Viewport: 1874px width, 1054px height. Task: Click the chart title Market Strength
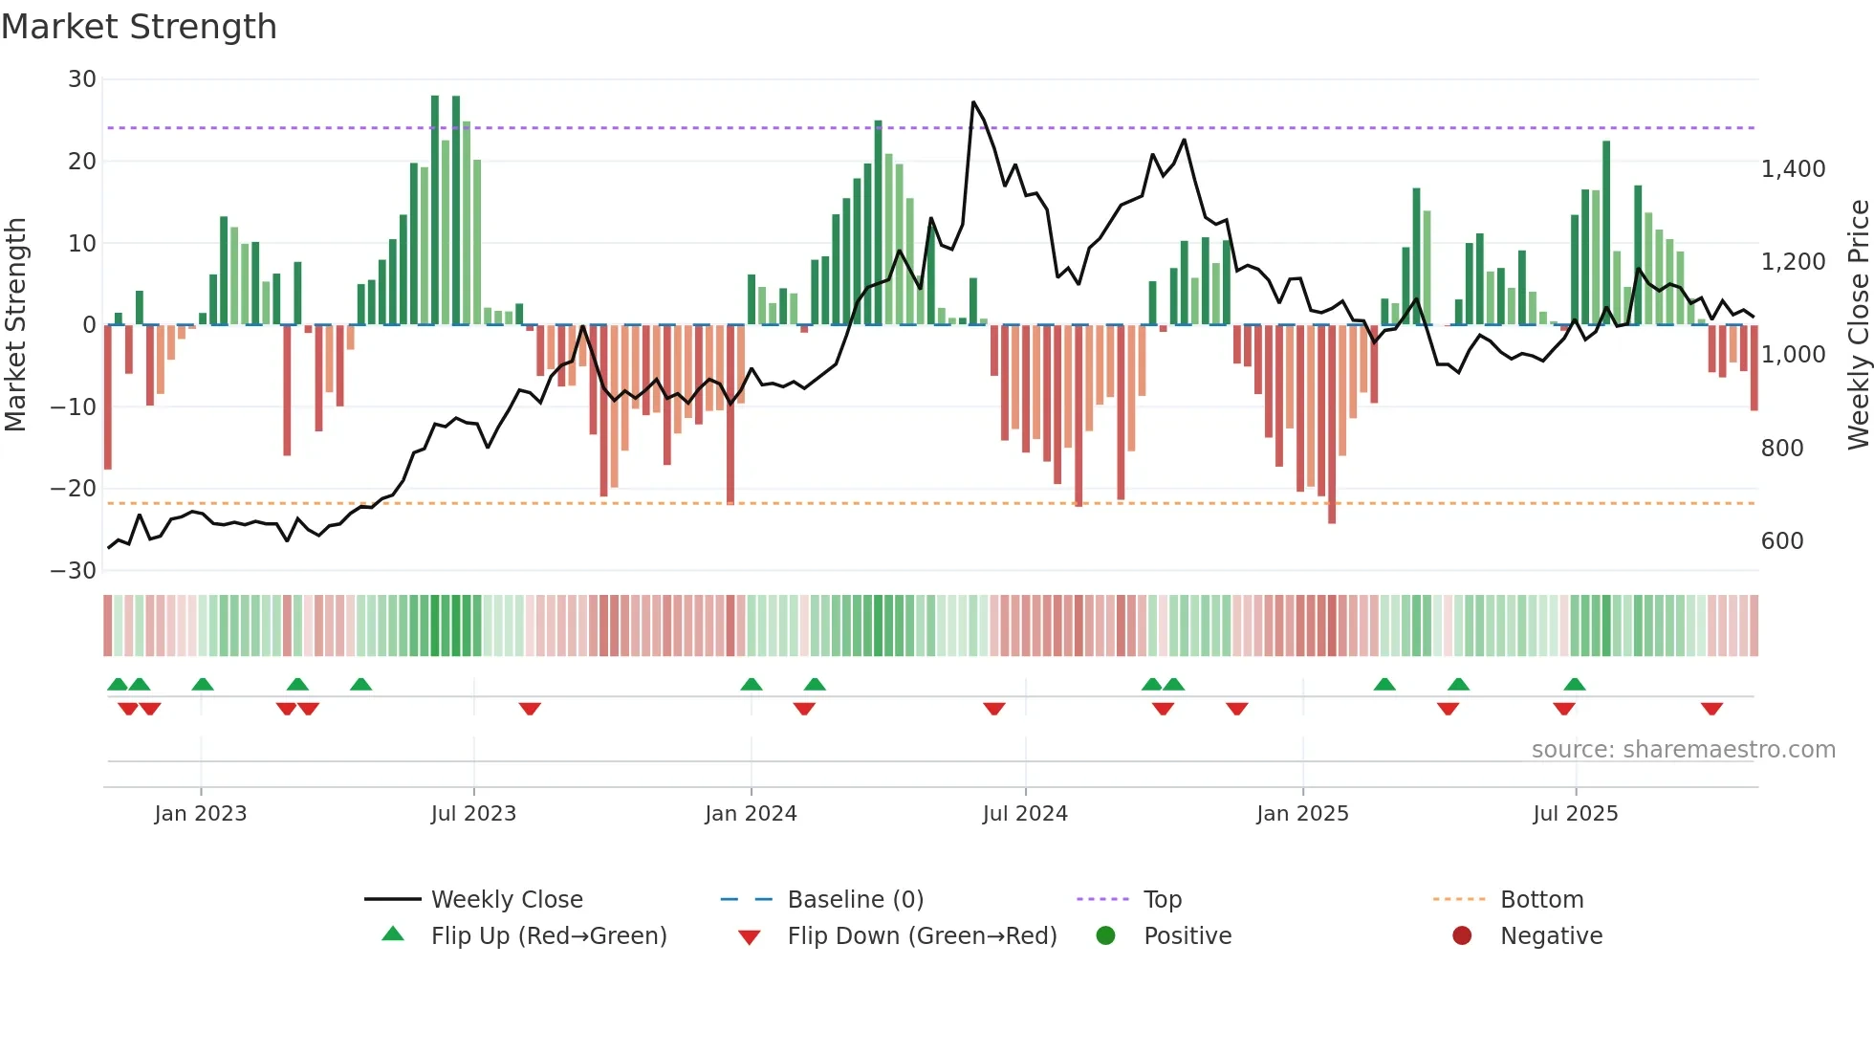coord(139,27)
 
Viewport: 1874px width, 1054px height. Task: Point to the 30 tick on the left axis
coord(82,79)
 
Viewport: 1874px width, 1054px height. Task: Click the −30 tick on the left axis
coord(74,571)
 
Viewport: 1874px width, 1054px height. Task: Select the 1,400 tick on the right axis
coord(1793,169)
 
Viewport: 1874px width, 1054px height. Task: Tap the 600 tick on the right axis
coord(1781,541)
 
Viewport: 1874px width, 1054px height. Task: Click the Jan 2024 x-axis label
coord(751,814)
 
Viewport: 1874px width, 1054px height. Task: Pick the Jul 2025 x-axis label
coord(1575,814)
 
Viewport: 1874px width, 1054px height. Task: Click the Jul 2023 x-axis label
coord(473,814)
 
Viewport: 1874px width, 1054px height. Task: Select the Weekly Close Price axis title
coord(1858,325)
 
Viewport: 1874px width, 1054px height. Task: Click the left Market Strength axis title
coord(15,325)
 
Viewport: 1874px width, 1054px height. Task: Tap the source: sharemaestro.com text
coord(1683,750)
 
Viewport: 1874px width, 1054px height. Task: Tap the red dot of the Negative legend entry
coord(1462,936)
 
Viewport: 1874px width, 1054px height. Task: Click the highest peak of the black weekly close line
coord(973,101)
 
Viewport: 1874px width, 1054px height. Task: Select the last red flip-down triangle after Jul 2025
coord(1711,709)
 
